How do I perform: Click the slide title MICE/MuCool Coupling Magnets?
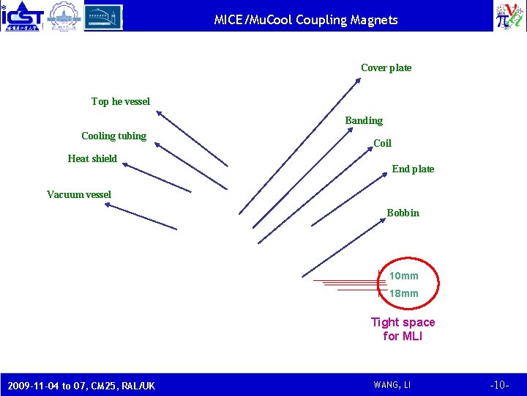tap(306, 20)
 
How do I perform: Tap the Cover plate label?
tap(386, 68)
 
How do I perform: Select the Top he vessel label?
tap(120, 102)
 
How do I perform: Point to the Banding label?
tap(364, 120)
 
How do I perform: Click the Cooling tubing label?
tap(113, 136)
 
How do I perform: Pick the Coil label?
tap(382, 144)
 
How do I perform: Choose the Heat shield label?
tap(92, 158)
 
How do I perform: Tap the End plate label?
tap(413, 169)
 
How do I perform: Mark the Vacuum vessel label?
tap(79, 194)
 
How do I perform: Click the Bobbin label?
tap(403, 213)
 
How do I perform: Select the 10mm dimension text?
tap(404, 276)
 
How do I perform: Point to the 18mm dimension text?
tap(404, 293)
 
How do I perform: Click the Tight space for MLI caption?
tap(403, 329)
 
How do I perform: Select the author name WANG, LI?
tap(392, 385)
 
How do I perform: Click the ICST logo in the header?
tap(23, 16)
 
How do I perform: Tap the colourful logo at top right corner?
tap(509, 15)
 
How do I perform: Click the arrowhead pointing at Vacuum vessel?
tap(107, 205)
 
